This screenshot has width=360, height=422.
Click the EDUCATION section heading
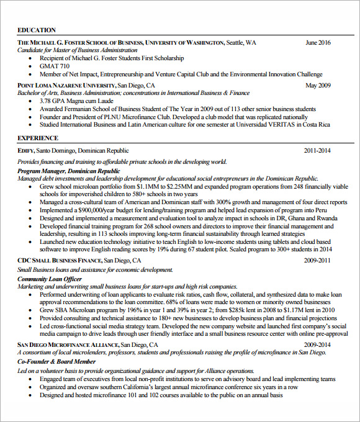[37, 30]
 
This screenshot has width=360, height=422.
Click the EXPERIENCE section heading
[38, 138]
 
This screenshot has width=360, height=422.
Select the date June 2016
[318, 43]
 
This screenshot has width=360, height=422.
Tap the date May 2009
[318, 85]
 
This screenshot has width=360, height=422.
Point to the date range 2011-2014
[317, 150]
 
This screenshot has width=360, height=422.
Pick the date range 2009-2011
[317, 260]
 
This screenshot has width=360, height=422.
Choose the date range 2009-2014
[317, 344]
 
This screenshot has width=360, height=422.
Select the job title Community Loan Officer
[50, 279]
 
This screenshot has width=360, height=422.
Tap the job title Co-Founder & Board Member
[56, 361]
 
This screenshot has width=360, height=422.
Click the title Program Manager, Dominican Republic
[69, 171]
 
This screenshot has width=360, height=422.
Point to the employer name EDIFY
[25, 150]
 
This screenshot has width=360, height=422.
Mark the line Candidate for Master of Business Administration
[78, 50]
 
